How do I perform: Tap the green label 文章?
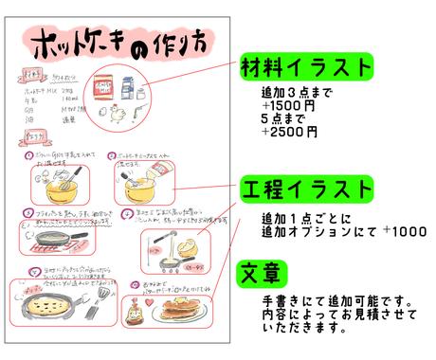tap(260, 275)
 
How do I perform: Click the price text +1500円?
tap(290, 106)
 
